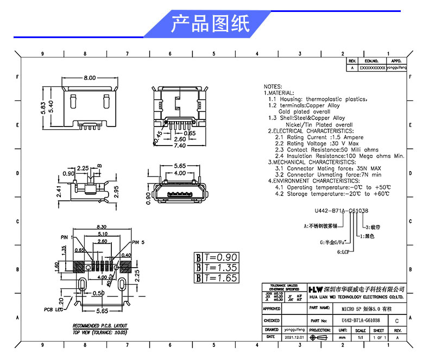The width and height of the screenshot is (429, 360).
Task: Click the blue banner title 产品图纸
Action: pyautogui.click(x=210, y=24)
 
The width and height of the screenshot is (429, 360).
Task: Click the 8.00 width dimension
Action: pyautogui.click(x=89, y=78)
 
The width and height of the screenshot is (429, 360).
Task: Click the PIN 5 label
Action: pyautogui.click(x=139, y=242)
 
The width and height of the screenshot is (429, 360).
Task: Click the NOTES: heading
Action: pyautogui.click(x=273, y=87)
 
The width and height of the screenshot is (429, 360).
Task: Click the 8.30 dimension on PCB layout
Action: pyautogui.click(x=101, y=226)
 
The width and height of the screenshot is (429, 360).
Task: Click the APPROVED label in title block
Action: pyautogui.click(x=272, y=308)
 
